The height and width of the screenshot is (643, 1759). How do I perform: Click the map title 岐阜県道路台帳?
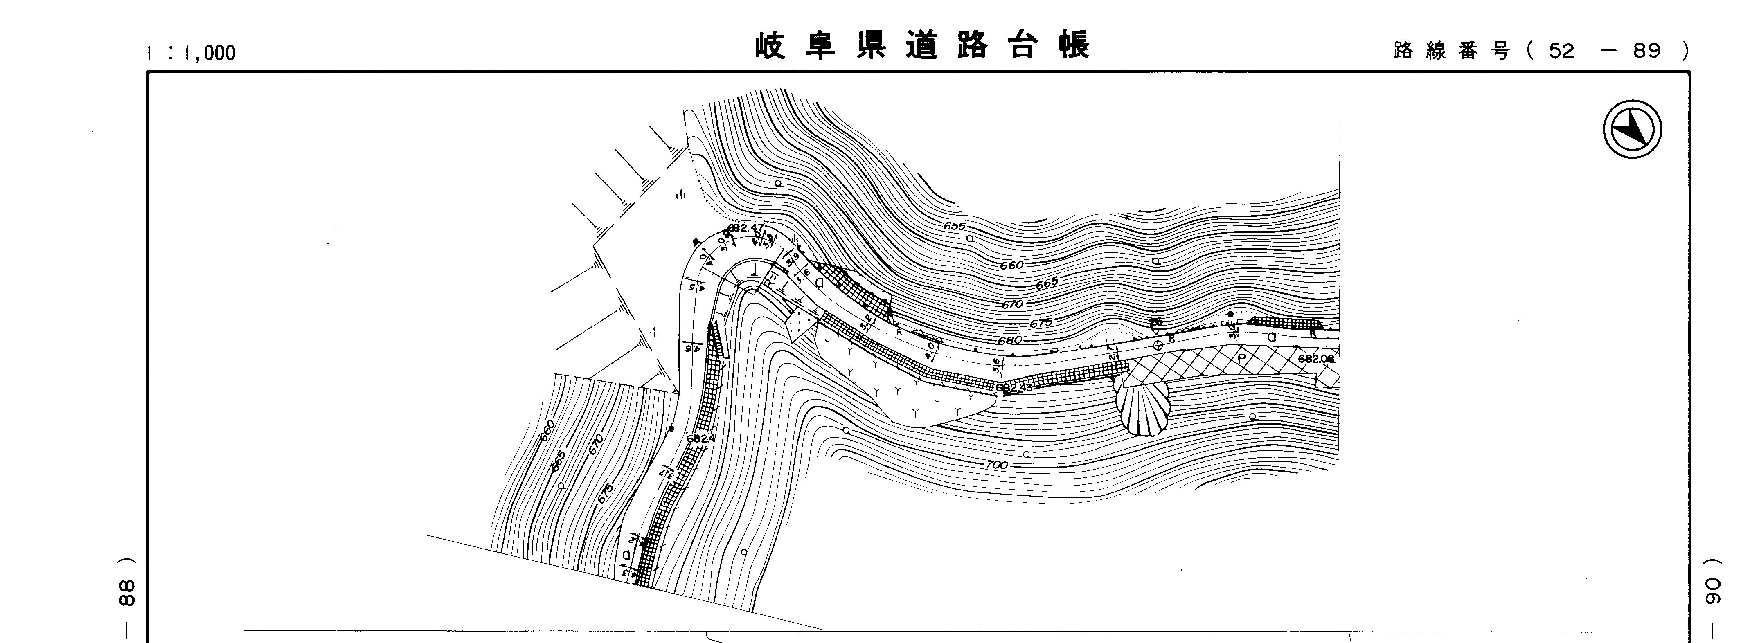[x=923, y=46]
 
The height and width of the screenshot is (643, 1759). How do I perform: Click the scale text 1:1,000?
[x=191, y=52]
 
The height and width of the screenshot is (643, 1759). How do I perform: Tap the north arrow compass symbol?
[x=1632, y=129]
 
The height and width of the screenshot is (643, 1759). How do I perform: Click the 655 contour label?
[x=955, y=226]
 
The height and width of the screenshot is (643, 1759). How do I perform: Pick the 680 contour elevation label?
[x=1009, y=340]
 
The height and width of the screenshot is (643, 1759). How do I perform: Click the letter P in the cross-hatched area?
[x=1241, y=357]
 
